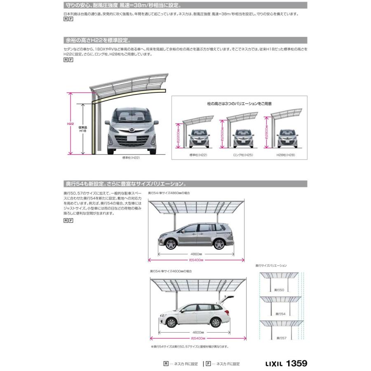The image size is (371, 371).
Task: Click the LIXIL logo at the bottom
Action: [272, 364]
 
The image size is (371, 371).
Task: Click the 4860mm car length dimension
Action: [196, 254]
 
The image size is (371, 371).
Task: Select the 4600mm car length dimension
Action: [198, 332]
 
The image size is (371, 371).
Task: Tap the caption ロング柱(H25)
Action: [243, 155]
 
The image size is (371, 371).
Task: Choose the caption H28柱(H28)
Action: [286, 155]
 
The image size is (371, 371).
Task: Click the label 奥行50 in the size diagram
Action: [279, 290]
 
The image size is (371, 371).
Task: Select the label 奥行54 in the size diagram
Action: [280, 314]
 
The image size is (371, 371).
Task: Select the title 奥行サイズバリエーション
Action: [271, 266]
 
